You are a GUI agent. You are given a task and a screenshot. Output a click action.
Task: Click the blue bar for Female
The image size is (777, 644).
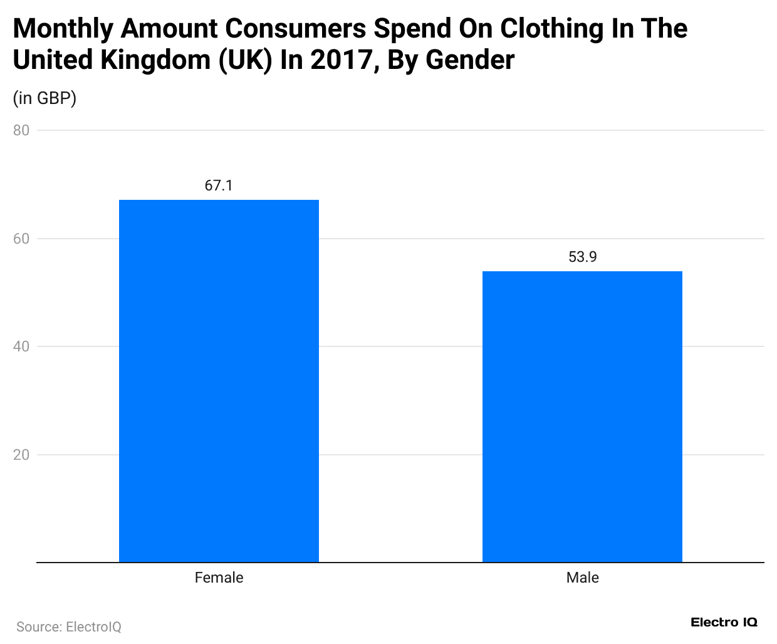(219, 381)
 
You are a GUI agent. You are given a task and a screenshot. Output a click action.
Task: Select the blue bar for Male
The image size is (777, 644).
(582, 417)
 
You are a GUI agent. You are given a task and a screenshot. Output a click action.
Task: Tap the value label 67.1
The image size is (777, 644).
(219, 185)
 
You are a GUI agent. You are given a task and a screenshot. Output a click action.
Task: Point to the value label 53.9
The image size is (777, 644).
(582, 257)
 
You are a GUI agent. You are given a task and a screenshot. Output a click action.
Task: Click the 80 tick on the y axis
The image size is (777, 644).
(21, 130)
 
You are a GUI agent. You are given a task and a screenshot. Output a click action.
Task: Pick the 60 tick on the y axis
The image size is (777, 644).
(21, 239)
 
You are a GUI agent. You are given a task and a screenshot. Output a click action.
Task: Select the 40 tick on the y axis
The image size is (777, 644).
(21, 346)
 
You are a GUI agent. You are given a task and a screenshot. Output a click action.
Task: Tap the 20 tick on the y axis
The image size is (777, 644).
(21, 455)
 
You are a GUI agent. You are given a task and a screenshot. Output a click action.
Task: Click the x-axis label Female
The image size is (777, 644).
(219, 578)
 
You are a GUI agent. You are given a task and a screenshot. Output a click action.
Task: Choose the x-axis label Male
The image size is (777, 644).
(582, 578)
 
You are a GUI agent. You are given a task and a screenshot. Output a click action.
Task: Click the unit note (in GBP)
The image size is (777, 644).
(44, 98)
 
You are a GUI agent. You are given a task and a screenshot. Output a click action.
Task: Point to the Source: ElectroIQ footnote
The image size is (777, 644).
(69, 626)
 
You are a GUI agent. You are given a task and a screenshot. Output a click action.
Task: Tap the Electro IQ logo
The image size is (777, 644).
(724, 622)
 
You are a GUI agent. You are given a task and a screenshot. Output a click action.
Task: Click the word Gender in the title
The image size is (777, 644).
(469, 60)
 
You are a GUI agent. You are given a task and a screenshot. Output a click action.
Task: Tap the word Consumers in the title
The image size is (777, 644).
(297, 29)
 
